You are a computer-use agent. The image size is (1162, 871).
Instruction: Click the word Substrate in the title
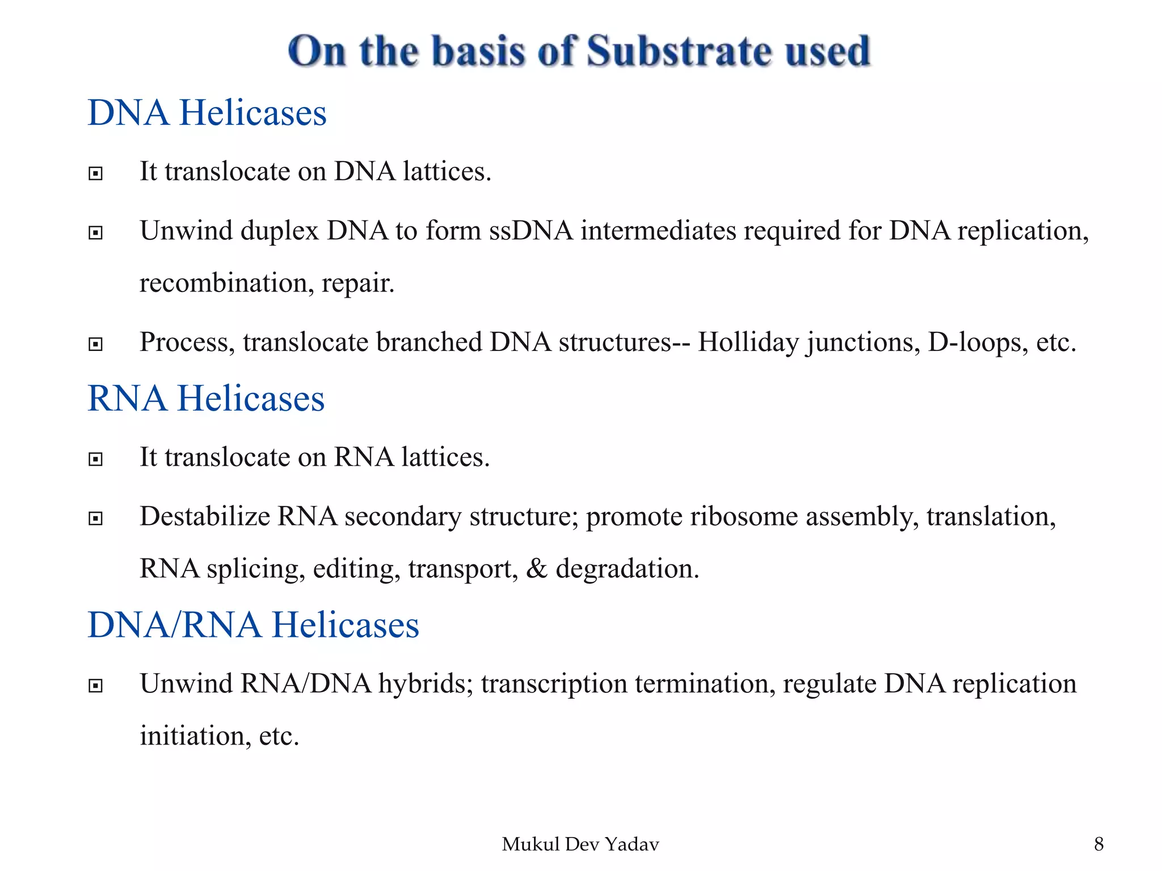pos(679,51)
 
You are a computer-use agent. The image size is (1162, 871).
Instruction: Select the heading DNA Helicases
pos(207,112)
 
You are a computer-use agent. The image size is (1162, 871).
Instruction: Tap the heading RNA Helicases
pos(206,398)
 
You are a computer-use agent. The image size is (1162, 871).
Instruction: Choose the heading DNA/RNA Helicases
pos(253,625)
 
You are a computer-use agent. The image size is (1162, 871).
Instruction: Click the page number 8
pos(1098,844)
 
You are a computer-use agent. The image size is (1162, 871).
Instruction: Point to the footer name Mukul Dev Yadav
pos(580,844)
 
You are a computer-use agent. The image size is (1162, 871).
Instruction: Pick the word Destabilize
pos(205,517)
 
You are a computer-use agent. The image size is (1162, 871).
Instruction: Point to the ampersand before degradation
pos(536,569)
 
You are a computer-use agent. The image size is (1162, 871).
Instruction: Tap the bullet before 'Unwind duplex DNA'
pos(96,232)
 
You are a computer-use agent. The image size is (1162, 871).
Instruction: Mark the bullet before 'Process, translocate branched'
pos(96,344)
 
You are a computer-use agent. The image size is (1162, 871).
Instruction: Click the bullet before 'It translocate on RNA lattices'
pos(96,459)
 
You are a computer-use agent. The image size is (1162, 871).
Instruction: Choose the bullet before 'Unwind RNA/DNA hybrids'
pos(96,686)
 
